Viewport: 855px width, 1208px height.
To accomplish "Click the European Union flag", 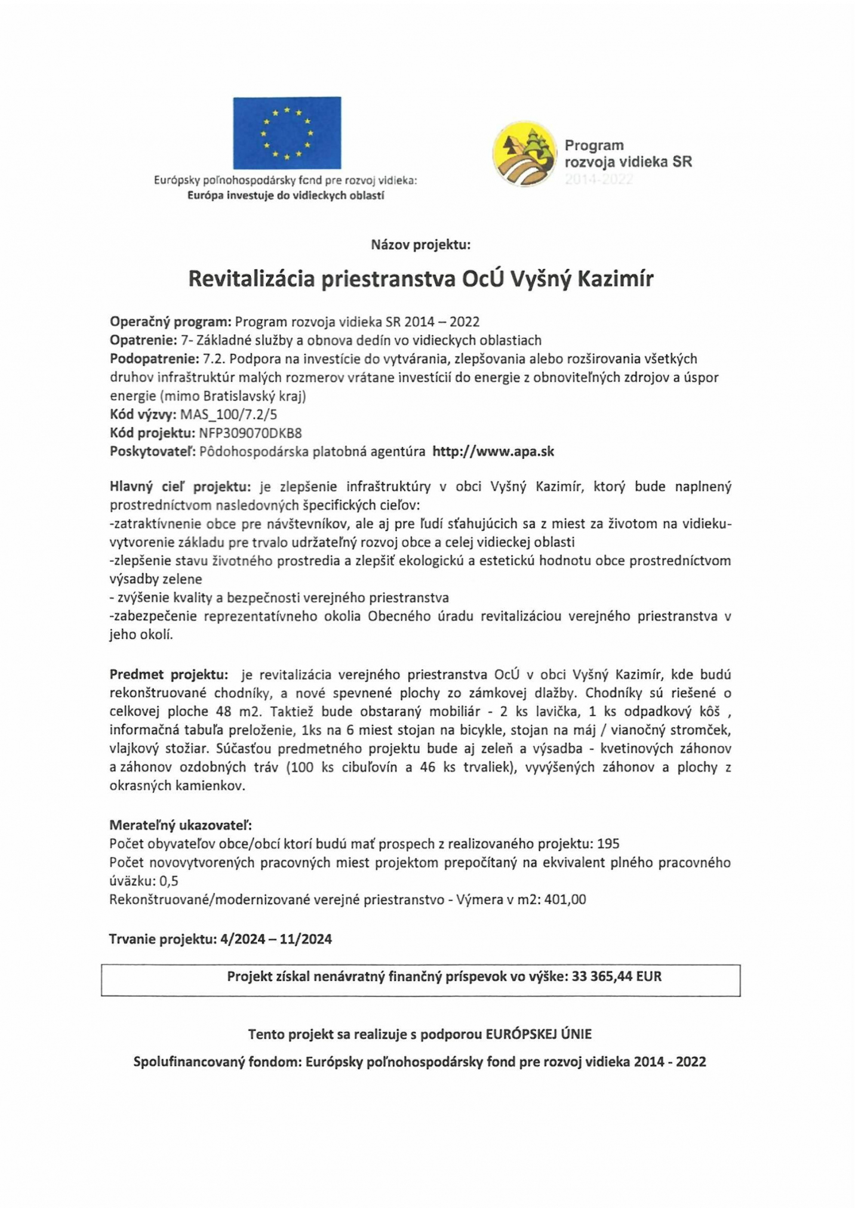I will tap(287, 132).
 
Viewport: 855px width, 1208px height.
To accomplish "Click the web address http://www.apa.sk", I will tap(493, 452).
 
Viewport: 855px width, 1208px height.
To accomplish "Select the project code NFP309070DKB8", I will tap(250, 433).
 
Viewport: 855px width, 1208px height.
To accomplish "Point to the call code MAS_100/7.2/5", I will tap(229, 415).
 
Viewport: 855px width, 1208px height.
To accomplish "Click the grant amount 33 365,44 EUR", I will tap(617, 976).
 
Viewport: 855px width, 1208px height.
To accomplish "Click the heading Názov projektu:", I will tap(421, 244).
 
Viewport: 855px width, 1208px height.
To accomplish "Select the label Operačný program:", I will tap(170, 322).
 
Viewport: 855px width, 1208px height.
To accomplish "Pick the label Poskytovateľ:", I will tap(152, 452).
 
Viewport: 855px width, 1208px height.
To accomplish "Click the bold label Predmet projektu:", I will tap(169, 674).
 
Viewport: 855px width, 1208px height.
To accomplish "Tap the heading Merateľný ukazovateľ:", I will tap(180, 825).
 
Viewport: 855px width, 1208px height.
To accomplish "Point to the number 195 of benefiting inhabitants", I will tap(608, 844).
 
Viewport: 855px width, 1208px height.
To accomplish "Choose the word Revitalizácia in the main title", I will tap(251, 279).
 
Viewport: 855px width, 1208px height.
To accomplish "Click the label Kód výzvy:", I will tap(143, 415).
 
